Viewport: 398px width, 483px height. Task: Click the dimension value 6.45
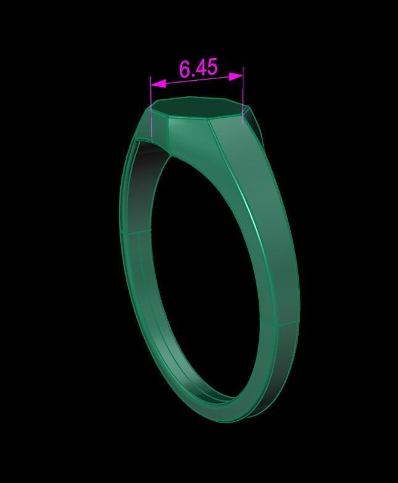(x=198, y=68)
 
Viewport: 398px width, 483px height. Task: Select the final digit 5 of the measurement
(x=211, y=67)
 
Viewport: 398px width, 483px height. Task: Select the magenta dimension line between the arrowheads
(x=197, y=80)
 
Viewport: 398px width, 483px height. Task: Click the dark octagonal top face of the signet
(x=195, y=109)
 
